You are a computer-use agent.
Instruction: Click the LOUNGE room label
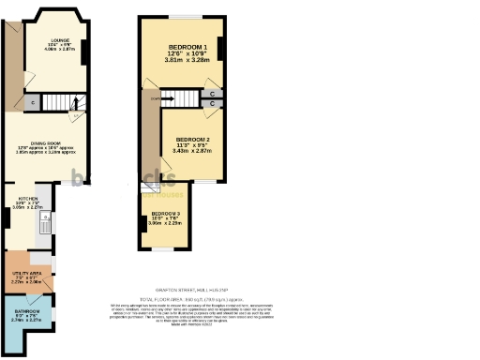[59, 39]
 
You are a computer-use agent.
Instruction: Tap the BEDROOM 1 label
[187, 46]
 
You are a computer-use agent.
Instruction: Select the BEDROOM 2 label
[193, 139]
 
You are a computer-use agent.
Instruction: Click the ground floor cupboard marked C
[33, 102]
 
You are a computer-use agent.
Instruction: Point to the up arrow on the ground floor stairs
[77, 103]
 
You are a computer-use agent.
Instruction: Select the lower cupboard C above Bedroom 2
[213, 104]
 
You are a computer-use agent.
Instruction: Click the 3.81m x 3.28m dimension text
[187, 61]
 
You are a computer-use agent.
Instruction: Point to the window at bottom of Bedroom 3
[165, 250]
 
